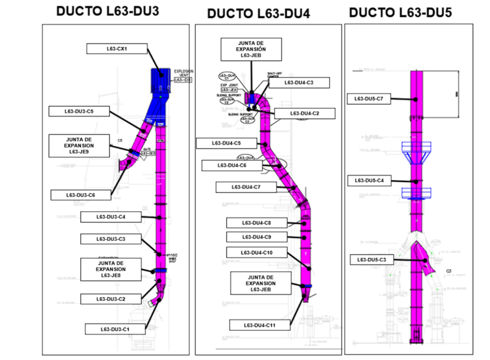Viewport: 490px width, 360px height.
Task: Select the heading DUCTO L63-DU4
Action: pyautogui.click(x=258, y=13)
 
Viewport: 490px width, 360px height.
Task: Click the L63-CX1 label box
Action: pyautogui.click(x=117, y=49)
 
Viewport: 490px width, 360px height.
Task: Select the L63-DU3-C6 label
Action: pyautogui.click(x=80, y=195)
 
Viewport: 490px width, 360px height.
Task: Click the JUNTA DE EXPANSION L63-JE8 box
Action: pyautogui.click(x=111, y=269)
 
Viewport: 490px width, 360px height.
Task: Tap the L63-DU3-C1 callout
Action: pyautogui.click(x=114, y=330)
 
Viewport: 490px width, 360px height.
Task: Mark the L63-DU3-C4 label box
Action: pyautogui.click(x=111, y=216)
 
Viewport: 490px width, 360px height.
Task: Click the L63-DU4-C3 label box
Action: pyautogui.click(x=298, y=82)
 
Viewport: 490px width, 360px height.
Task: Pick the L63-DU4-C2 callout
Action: pyautogui.click(x=304, y=113)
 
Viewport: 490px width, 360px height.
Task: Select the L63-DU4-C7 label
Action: pyautogui.click(x=246, y=187)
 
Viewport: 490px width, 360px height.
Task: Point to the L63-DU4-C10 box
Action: pyautogui.click(x=256, y=252)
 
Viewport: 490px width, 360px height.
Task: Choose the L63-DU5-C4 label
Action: pyautogui.click(x=369, y=181)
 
